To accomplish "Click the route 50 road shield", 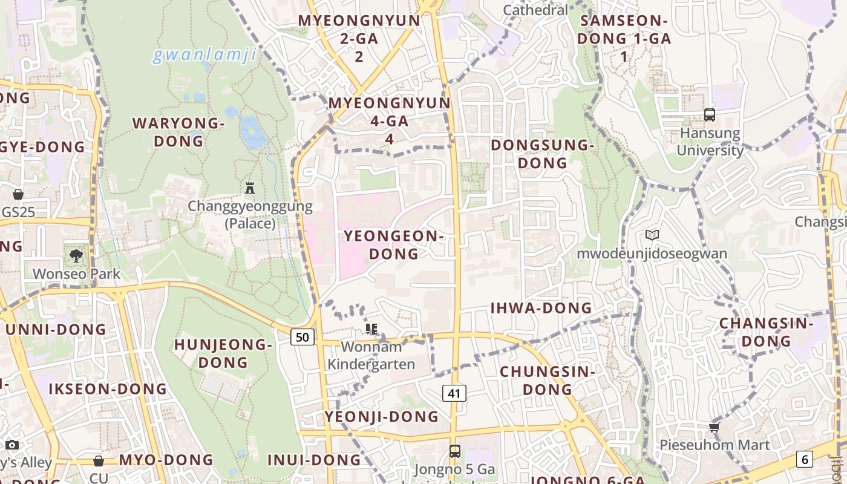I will [302, 337].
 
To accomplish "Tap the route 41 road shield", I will [454, 393].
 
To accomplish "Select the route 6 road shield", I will [804, 459].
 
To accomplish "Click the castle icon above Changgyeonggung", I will [250, 188].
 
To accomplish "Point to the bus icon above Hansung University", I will [710, 114].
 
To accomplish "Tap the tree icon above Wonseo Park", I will [76, 255].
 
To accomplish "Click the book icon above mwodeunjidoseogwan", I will [652, 235].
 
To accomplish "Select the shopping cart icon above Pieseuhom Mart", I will [715, 427].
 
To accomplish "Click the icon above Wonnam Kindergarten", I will [371, 329].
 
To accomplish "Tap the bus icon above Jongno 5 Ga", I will [454, 451].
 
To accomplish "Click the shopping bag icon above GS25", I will [18, 194].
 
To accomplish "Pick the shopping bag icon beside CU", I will [99, 461].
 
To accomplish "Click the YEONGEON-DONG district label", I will [394, 244].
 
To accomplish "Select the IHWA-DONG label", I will [541, 308].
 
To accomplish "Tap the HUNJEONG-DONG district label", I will [223, 353].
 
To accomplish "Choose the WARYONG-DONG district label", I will [178, 132].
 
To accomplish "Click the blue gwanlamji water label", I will [204, 55].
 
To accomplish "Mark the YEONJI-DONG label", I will [381, 416].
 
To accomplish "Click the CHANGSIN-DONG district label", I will [767, 332].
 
